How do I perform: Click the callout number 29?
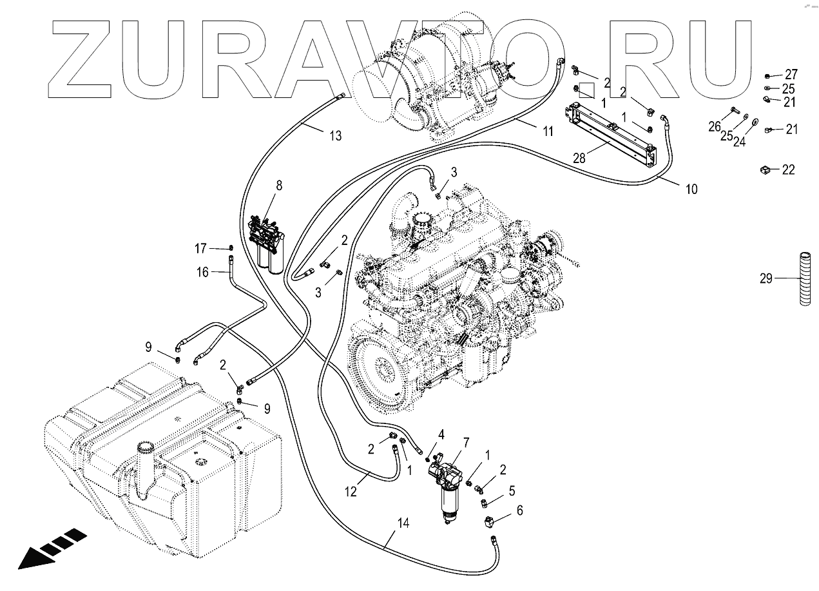pyautogui.click(x=766, y=278)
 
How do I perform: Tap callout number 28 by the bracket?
pyautogui.click(x=579, y=158)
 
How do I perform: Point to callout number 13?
pyautogui.click(x=335, y=135)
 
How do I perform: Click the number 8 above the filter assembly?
pyautogui.click(x=279, y=186)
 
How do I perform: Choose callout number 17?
pyautogui.click(x=201, y=248)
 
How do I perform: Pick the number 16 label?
pyautogui.click(x=202, y=273)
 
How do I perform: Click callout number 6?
pyautogui.click(x=519, y=511)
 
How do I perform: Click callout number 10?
pyautogui.click(x=691, y=189)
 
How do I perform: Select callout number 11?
pyautogui.click(x=548, y=131)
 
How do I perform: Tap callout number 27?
pyautogui.click(x=791, y=73)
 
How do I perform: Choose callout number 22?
pyautogui.click(x=788, y=170)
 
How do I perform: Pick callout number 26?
pyautogui.click(x=714, y=126)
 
